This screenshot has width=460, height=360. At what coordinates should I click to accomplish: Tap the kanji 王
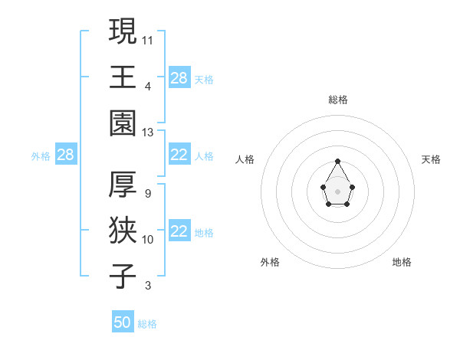[123, 77]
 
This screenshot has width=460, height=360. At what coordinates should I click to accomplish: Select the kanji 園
[123, 123]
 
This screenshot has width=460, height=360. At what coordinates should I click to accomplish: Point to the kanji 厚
[123, 184]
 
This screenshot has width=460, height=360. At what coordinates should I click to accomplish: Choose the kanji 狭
[123, 230]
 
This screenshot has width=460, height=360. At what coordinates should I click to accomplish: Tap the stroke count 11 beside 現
[148, 40]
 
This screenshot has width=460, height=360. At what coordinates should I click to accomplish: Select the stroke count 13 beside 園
[148, 133]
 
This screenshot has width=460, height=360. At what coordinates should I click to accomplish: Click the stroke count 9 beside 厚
[147, 194]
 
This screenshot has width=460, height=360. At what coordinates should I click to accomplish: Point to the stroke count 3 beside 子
[147, 286]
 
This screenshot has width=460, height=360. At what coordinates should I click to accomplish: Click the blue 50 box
[123, 322]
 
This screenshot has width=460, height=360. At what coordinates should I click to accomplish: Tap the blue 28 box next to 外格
[65, 155]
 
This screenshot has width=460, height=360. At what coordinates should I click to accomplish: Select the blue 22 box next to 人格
[179, 155]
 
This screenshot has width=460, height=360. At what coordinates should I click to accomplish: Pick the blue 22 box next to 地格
[179, 232]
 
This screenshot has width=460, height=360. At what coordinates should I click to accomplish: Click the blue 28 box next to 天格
[179, 78]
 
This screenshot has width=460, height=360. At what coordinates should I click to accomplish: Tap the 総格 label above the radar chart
[337, 100]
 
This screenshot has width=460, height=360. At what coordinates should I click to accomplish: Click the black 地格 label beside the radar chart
[402, 262]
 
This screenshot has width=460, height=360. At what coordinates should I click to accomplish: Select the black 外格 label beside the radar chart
[270, 262]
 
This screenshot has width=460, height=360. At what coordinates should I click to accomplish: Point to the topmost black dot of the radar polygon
[337, 162]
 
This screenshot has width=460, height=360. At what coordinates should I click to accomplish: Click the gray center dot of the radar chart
[337, 190]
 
